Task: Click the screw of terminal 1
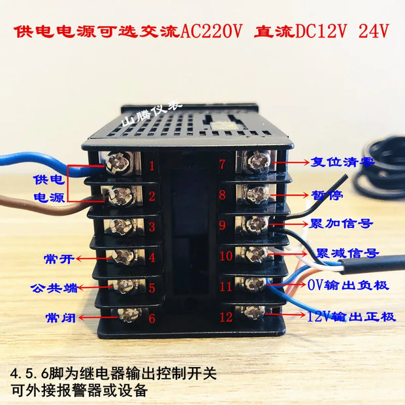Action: [x=118, y=163]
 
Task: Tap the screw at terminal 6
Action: [x=129, y=315]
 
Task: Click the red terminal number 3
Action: [x=152, y=226]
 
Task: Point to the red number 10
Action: [x=226, y=255]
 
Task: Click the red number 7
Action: [x=222, y=164]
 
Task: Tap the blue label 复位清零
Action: [x=342, y=162]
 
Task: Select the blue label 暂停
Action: [x=327, y=195]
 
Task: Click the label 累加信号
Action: [x=341, y=223]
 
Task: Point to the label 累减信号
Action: [x=347, y=253]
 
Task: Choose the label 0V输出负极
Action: [x=348, y=285]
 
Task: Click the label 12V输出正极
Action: [x=351, y=317]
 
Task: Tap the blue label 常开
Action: [x=59, y=259]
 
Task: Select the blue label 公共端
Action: [x=54, y=288]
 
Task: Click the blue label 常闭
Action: [x=61, y=317]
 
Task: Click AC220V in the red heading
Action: [x=211, y=32]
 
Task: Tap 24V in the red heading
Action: [x=374, y=31]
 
